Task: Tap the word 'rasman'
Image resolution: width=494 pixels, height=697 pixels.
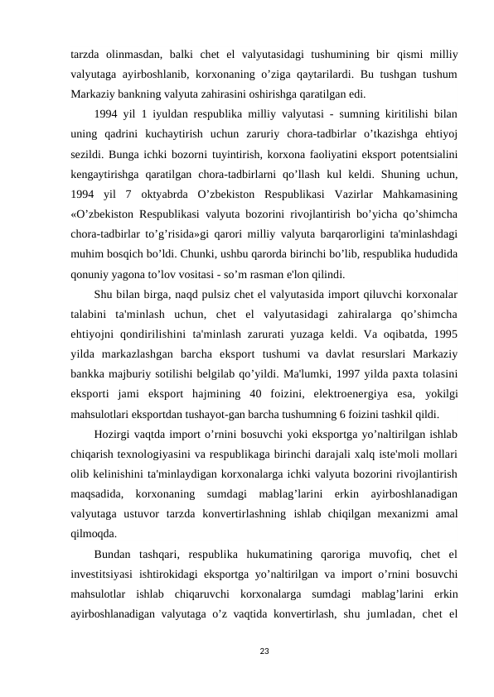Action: [x=285, y=275]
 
